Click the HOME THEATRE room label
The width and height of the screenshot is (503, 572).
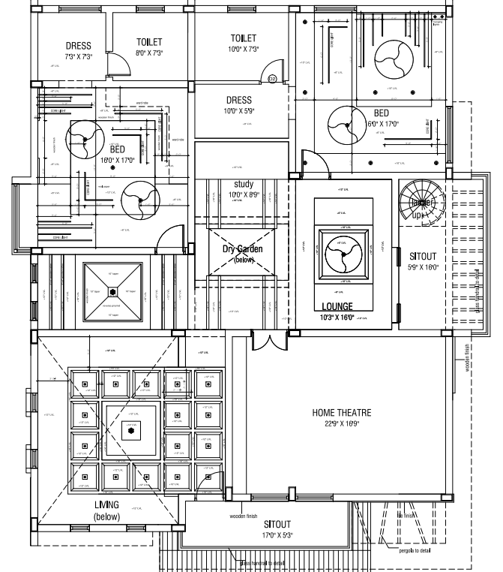(x=341, y=412)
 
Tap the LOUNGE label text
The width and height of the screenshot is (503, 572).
(x=337, y=306)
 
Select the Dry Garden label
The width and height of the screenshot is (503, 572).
(x=243, y=249)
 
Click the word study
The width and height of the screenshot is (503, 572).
(x=244, y=184)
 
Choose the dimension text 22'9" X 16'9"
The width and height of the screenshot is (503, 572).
(x=341, y=424)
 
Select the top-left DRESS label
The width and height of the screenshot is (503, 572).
(x=79, y=46)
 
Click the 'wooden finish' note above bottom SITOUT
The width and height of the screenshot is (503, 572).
(x=243, y=517)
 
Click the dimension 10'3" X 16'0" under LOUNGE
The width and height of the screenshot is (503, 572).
(x=337, y=318)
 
